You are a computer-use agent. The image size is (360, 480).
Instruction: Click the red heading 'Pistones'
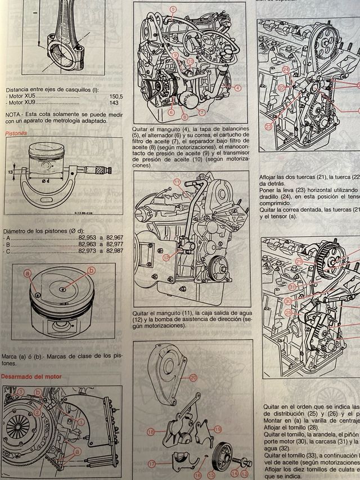click(x=16, y=134)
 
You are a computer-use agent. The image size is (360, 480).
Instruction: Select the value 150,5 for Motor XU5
click(x=116, y=96)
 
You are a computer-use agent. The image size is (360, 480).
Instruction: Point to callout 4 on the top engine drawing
click(x=238, y=88)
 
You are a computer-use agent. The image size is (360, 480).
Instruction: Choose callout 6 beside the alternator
click(x=171, y=112)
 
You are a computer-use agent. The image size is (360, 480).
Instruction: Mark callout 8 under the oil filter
click(x=184, y=117)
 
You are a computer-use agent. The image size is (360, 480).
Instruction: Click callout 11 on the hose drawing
click(x=176, y=182)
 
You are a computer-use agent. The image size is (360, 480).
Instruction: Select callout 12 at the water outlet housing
click(x=166, y=257)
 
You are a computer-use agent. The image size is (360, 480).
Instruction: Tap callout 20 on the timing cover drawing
click(x=193, y=378)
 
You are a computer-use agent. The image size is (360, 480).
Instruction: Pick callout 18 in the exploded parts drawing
click(x=151, y=432)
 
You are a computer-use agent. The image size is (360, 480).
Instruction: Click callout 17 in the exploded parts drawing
click(x=151, y=463)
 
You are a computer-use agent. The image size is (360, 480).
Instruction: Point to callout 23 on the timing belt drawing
click(x=268, y=127)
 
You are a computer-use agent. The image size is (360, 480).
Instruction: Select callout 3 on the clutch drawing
click(x=21, y=391)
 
